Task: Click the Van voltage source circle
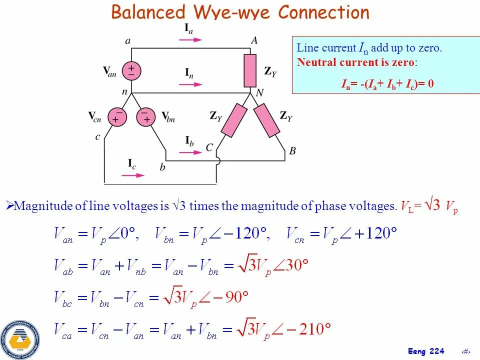coord(131,70)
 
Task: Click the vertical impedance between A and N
coord(250,70)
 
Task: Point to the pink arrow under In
coord(189,84)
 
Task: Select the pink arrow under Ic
coord(133,175)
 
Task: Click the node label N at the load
coord(259,93)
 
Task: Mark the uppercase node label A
coord(254,41)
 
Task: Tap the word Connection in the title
coord(323,12)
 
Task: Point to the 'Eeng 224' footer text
coord(425,351)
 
